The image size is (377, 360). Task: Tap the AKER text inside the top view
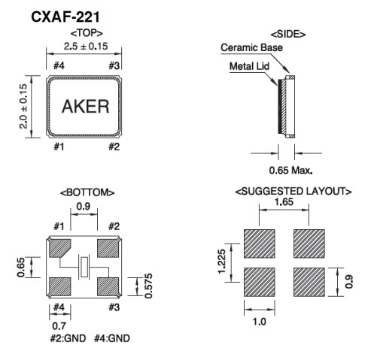[x=84, y=106]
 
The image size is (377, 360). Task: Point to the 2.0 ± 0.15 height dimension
[x=23, y=107]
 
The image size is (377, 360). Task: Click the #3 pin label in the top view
[x=114, y=65]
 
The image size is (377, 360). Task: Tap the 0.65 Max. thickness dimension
[x=291, y=170]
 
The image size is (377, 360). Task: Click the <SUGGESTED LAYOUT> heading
[x=294, y=192]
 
